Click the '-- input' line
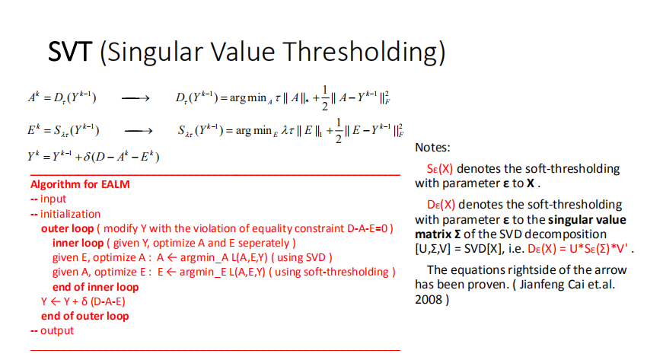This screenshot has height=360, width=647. (48, 199)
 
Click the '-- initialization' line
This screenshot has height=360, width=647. (65, 214)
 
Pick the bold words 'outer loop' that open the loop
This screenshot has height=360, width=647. (66, 228)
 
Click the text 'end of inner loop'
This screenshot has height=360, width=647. (95, 287)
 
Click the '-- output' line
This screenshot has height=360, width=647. (52, 330)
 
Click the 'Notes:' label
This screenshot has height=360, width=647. (432, 147)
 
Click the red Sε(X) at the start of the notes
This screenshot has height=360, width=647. (441, 169)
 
